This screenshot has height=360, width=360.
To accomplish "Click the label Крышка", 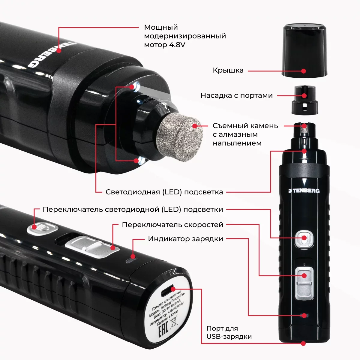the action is click(x=228, y=70).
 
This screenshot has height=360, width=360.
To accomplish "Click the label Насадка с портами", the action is click(x=236, y=96).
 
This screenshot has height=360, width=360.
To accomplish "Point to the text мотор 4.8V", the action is click(x=165, y=45).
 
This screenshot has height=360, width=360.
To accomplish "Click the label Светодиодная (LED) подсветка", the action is click(x=164, y=192).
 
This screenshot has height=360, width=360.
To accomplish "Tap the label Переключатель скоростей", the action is click(x=172, y=225).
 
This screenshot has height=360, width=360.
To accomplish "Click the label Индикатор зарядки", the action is click(x=185, y=239).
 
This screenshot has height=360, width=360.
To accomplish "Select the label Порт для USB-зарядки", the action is click(x=229, y=332).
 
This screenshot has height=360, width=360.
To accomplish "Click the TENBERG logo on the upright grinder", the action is click(x=304, y=190).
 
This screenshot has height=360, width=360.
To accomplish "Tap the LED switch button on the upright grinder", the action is click(x=304, y=238).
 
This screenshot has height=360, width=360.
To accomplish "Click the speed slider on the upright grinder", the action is click(x=304, y=282).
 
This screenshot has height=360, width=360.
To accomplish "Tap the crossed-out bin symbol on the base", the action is click(x=173, y=323).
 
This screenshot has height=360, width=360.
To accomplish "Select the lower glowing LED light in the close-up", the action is click(x=141, y=161).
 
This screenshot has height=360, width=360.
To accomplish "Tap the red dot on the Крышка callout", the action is click(x=304, y=71).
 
